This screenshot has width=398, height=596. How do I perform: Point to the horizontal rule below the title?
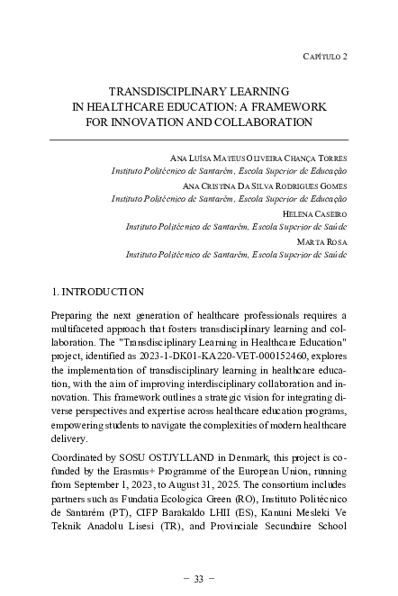198,140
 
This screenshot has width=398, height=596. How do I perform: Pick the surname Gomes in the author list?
330,185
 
